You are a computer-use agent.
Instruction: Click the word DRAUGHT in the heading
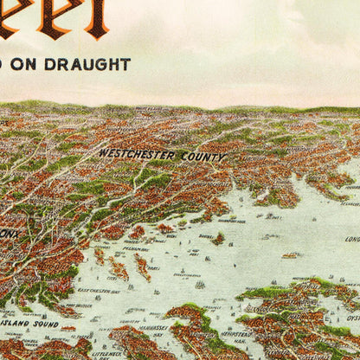pyautogui.click(x=96, y=65)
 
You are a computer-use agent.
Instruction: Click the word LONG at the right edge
pyautogui.click(x=352, y=239)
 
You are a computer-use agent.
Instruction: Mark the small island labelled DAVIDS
pyautogui.click(x=218, y=239)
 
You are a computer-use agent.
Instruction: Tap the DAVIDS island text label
pyautogui.click(x=205, y=234)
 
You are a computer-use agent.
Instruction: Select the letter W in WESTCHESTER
pyautogui.click(x=104, y=152)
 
